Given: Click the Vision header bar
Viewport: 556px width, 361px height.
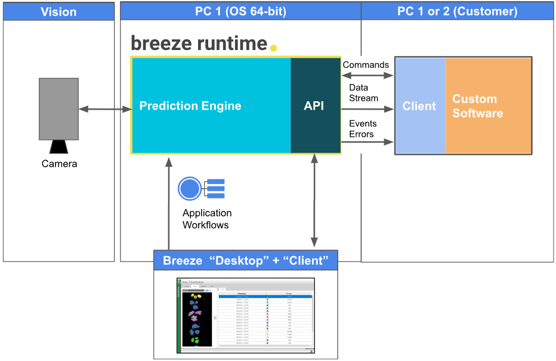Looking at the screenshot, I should coord(58,11).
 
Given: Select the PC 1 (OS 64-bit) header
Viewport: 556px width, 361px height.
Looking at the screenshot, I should coord(240,11).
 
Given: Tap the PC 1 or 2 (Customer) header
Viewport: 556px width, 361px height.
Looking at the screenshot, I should coord(457,11).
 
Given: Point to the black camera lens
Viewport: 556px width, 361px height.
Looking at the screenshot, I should coord(58,147).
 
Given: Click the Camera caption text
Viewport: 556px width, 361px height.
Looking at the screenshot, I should coord(59,164).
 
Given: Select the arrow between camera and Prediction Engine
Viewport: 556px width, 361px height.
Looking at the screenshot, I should coord(105,109).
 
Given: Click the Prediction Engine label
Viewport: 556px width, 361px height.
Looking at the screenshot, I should coord(190,106).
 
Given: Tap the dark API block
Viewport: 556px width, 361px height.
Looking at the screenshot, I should coord(314,105).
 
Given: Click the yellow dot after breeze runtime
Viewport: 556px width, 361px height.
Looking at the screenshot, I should coord(273,48).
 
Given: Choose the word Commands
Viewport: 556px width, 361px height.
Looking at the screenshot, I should coord(366,64).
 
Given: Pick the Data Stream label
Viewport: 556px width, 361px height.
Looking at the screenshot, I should coord(363,93).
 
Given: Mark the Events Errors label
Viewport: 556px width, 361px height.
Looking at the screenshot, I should coord(363,129).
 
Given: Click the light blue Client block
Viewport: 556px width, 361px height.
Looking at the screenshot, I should coord(419,106).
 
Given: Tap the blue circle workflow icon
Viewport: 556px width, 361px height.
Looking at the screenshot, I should coord(190,189).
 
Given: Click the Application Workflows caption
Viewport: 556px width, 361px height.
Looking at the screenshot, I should coord(207,219).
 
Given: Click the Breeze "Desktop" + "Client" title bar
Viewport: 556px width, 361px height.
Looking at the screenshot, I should coord(245,260).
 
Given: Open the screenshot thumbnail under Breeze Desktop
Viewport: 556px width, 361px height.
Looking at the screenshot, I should coord(246,315).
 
